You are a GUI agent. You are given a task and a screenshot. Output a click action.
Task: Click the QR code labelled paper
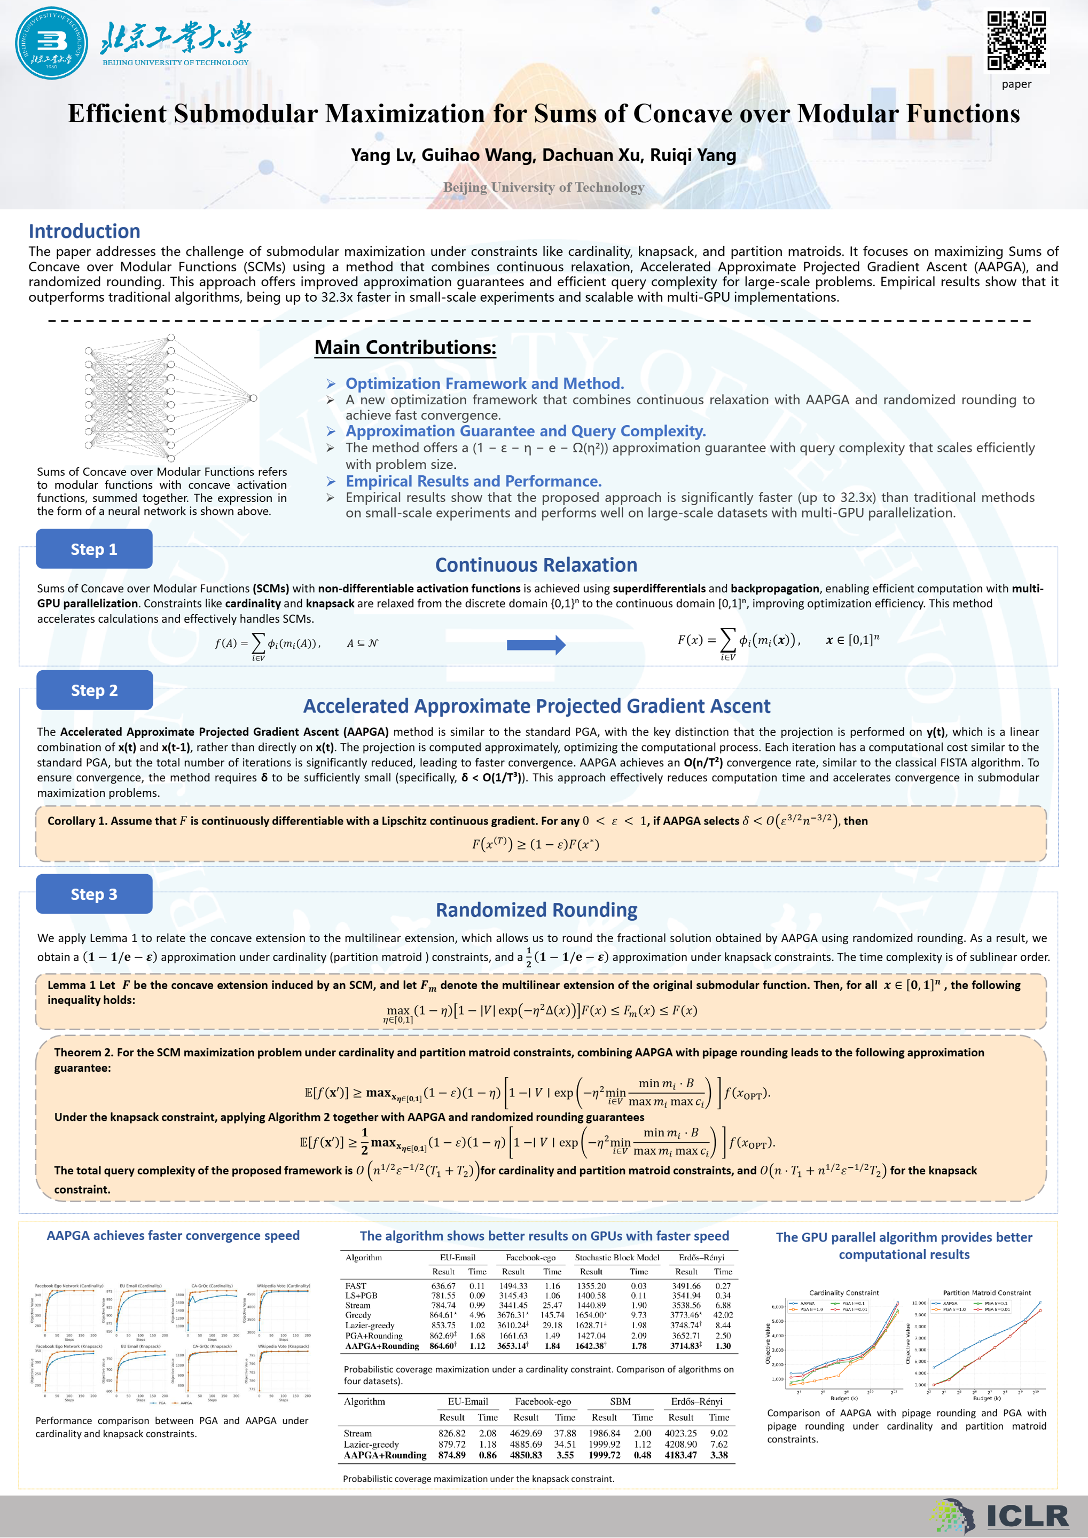coord(1016,40)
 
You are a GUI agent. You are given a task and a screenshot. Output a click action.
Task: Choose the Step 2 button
coord(95,690)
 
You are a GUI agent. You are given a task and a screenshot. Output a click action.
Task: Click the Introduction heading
coord(84,231)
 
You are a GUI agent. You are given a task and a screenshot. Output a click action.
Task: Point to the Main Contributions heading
coord(405,348)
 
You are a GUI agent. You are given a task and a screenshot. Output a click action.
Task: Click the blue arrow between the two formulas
coord(536,645)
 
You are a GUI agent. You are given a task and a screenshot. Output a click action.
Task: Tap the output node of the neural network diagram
coord(253,398)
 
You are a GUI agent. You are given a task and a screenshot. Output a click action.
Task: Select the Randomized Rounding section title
coord(536,909)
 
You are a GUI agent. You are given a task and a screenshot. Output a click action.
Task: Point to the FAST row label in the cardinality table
coord(356,1285)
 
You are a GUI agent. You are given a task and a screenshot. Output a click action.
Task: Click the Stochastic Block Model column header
coord(617,1257)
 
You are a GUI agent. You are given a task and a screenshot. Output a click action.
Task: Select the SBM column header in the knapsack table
coord(620,1401)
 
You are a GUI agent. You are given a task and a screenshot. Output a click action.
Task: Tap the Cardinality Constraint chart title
coord(843,1292)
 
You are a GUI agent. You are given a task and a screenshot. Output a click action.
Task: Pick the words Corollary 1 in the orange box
coord(74,821)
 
